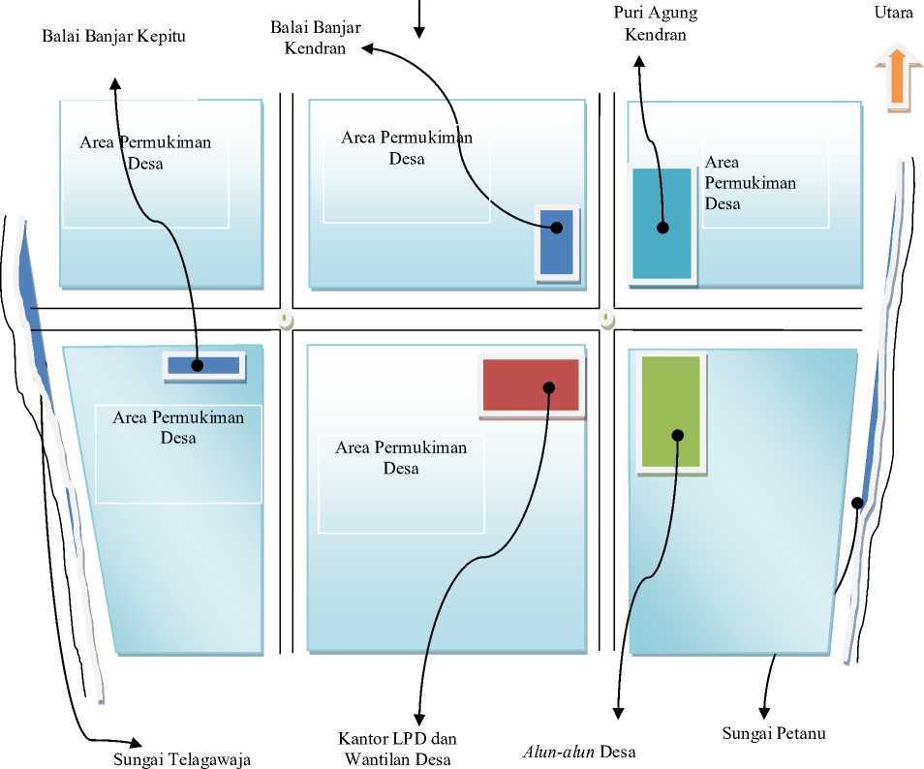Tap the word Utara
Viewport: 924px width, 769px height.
tap(893, 14)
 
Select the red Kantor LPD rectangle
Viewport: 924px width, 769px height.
tap(531, 384)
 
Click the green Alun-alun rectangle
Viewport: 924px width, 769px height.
tap(670, 413)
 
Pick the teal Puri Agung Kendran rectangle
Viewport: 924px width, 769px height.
tap(662, 224)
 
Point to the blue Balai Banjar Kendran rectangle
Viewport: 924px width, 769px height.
tap(557, 241)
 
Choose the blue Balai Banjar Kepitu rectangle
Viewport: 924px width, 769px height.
tap(202, 365)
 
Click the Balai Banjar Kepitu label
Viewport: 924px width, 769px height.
tap(113, 37)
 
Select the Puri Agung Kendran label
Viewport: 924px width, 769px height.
tap(656, 24)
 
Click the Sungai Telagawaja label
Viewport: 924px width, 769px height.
tap(181, 759)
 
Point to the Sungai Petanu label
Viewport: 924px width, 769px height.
tap(774, 733)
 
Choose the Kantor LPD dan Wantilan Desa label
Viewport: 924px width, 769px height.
tap(399, 749)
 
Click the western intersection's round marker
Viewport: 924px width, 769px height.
tap(285, 319)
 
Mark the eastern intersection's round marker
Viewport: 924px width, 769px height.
tap(607, 318)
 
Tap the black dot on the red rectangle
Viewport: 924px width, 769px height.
tap(548, 387)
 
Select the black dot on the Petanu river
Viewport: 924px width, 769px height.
tap(857, 503)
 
